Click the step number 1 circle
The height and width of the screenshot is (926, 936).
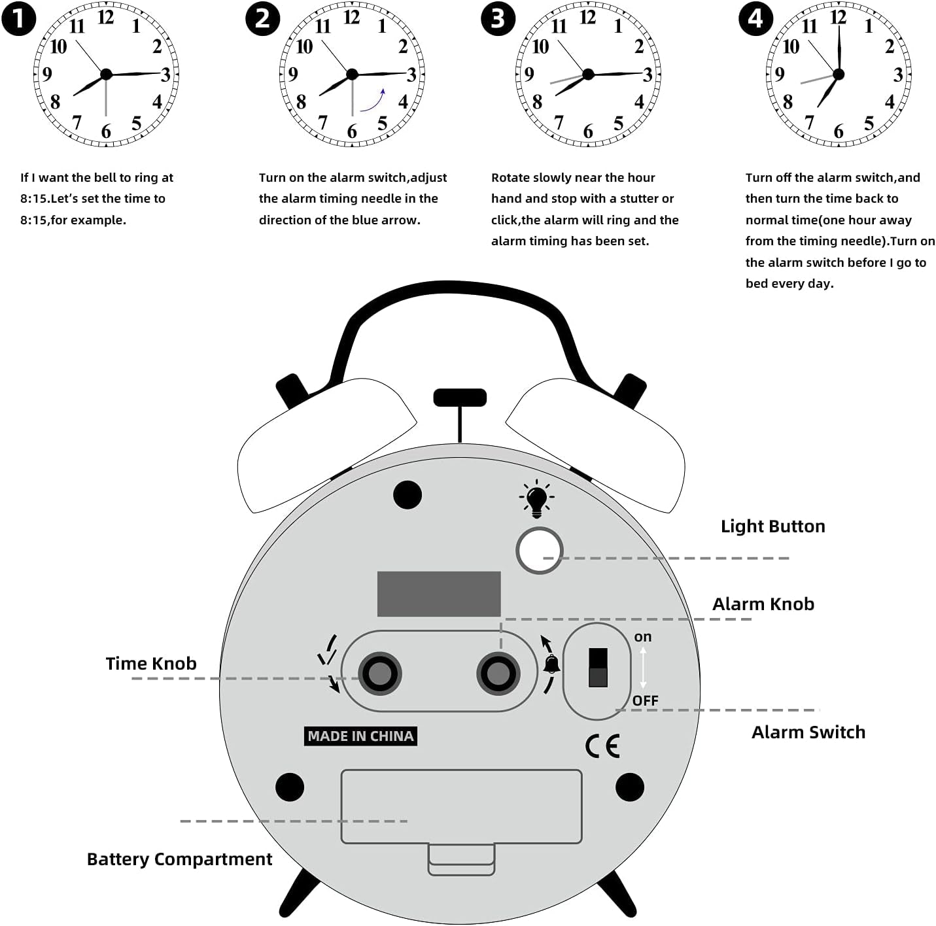pos(18,19)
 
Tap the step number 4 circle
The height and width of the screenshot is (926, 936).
pos(755,19)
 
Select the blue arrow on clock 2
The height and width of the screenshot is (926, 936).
pos(373,101)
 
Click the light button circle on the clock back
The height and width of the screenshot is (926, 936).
pos(539,551)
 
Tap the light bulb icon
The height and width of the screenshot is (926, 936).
pos(536,498)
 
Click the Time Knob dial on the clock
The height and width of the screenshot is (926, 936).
pos(379,673)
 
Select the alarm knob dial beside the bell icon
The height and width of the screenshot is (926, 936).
pos(498,673)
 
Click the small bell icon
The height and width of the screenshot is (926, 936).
pos(551,664)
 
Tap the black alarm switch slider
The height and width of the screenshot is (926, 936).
pos(598,667)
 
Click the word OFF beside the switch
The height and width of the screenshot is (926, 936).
pos(645,700)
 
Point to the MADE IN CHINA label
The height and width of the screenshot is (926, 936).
pos(360,736)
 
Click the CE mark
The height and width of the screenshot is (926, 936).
pos(602,746)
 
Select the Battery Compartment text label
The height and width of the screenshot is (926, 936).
pos(179,859)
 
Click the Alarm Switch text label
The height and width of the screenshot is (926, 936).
pos(808,732)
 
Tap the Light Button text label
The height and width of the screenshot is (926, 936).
pos(772,526)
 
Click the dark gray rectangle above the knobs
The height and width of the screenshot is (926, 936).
pos(439,594)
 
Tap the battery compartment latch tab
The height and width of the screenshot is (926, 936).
pos(461,859)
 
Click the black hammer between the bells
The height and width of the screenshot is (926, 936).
pos(460,398)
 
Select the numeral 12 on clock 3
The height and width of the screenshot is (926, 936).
pos(587,18)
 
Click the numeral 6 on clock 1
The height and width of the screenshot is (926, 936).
pos(106,131)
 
